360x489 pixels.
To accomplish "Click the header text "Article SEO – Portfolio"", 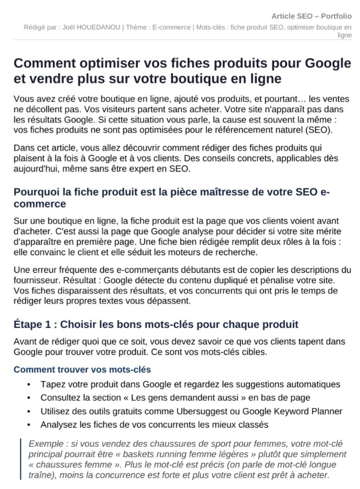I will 311,16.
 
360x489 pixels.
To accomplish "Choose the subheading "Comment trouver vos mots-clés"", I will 82,370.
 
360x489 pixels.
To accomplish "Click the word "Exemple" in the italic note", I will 44,444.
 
